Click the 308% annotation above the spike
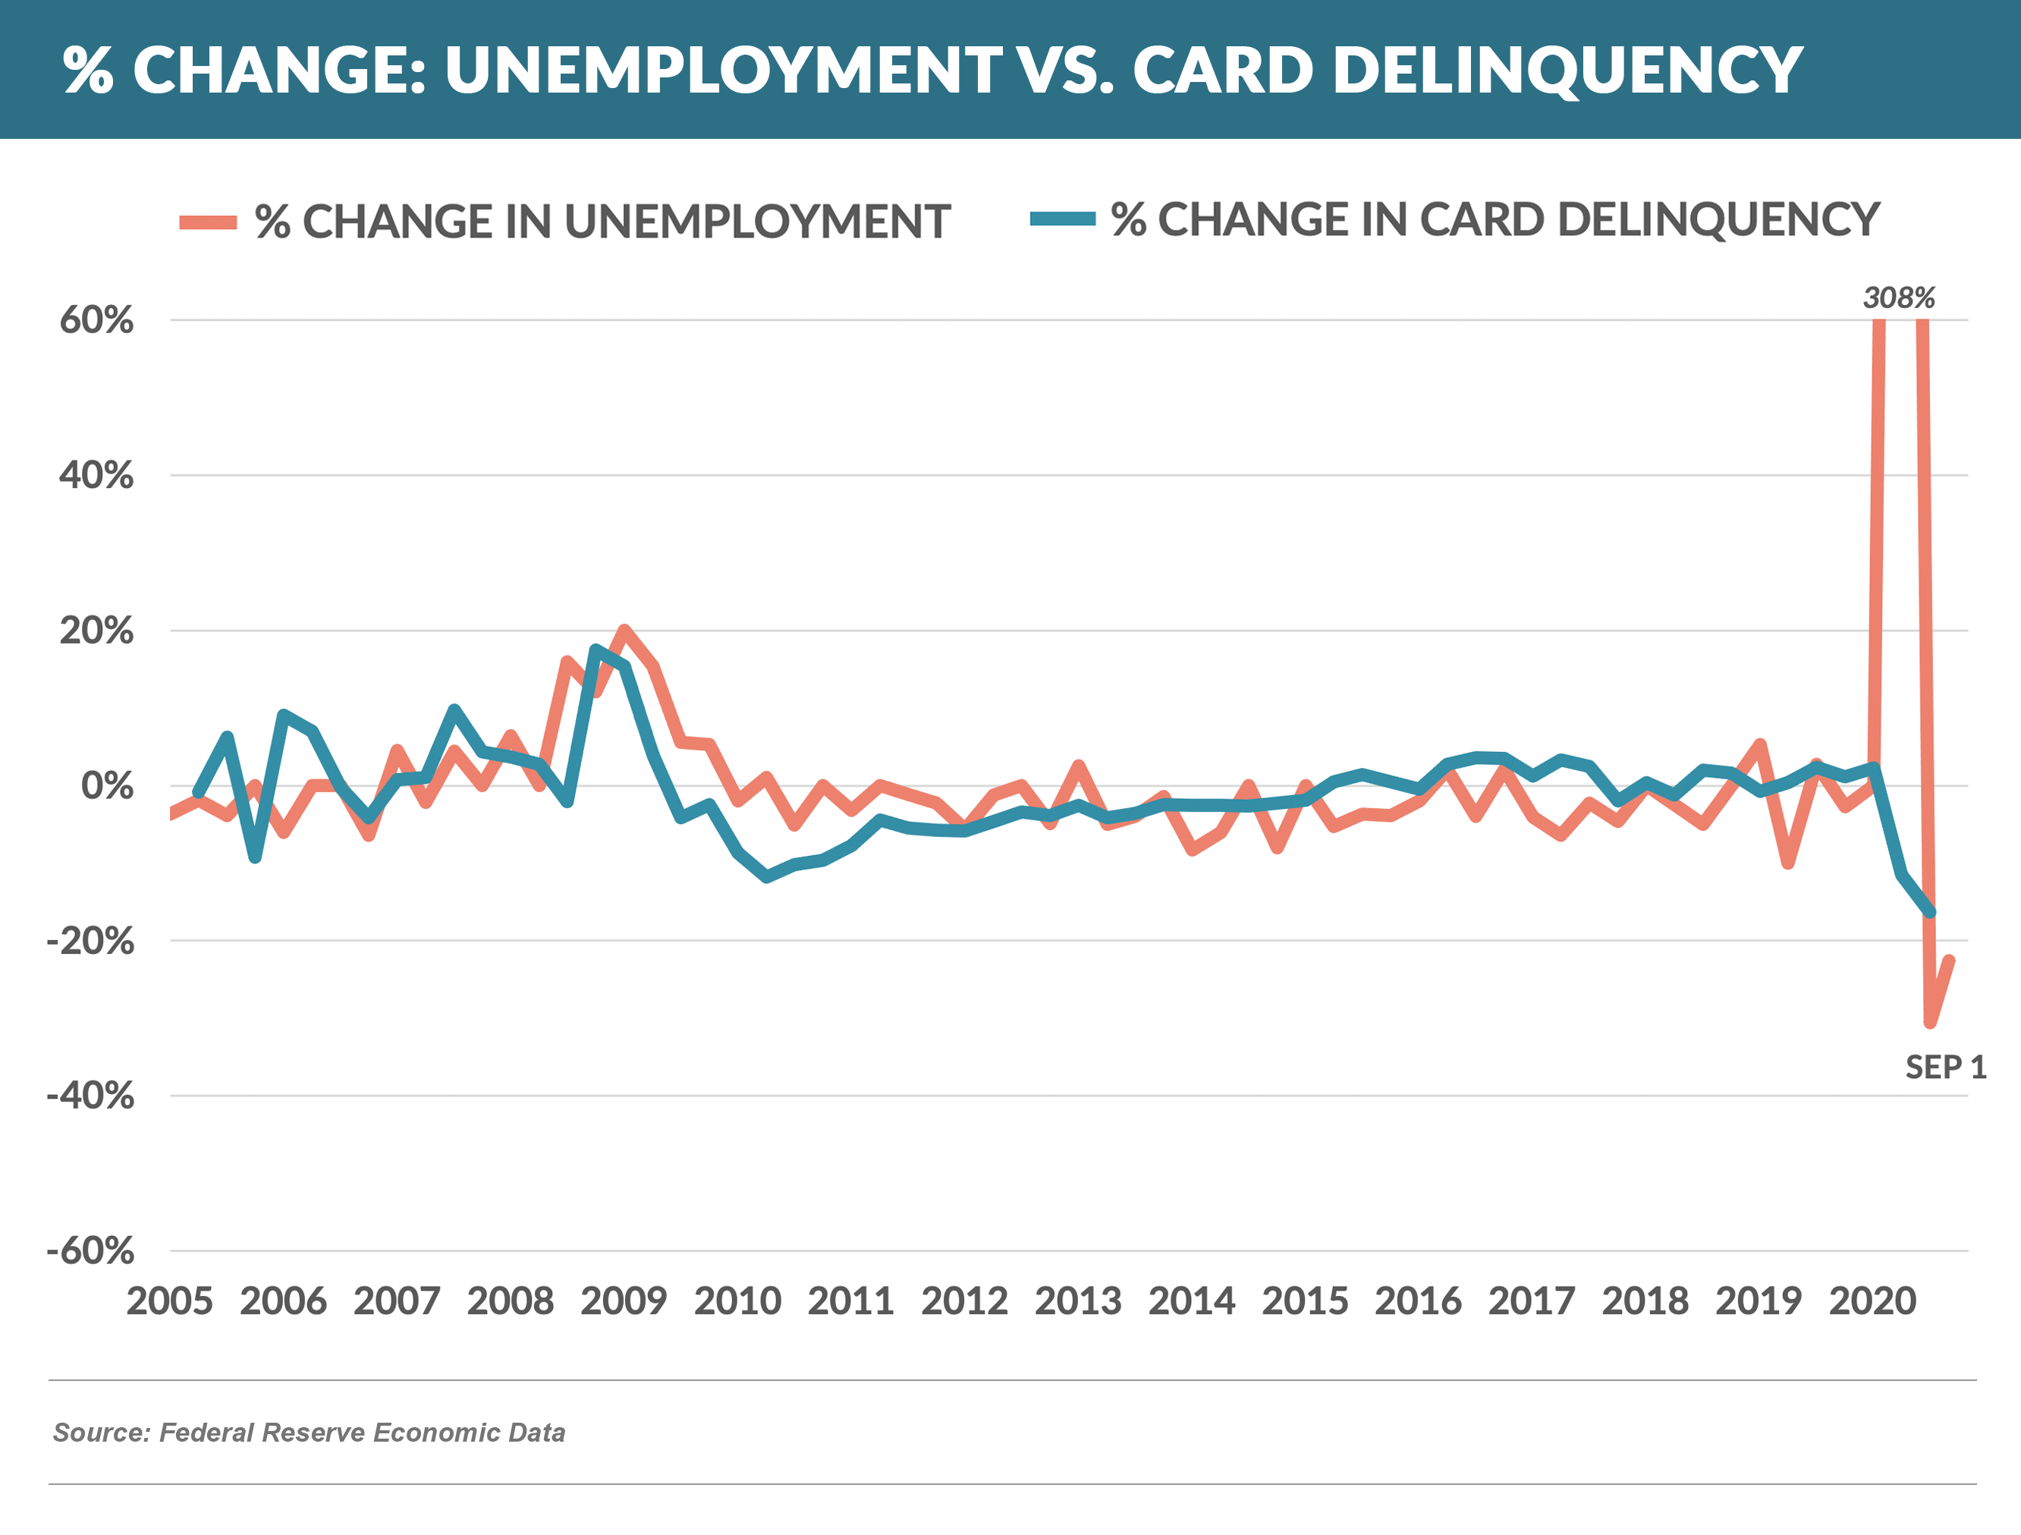(x=1899, y=298)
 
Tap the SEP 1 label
(x=1944, y=1067)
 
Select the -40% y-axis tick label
(x=90, y=1096)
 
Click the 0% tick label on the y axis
(x=107, y=786)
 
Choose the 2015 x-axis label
(x=1305, y=1301)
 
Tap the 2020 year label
(x=1872, y=1301)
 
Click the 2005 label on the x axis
(x=170, y=1301)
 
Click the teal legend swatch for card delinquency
(x=1063, y=219)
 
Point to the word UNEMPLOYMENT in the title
(x=723, y=71)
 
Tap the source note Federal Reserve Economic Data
(x=309, y=1433)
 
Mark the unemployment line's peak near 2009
(x=624, y=630)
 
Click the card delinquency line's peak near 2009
(x=596, y=650)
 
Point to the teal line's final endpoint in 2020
(x=1931, y=913)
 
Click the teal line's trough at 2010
(x=765, y=877)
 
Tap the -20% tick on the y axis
(x=90, y=941)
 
